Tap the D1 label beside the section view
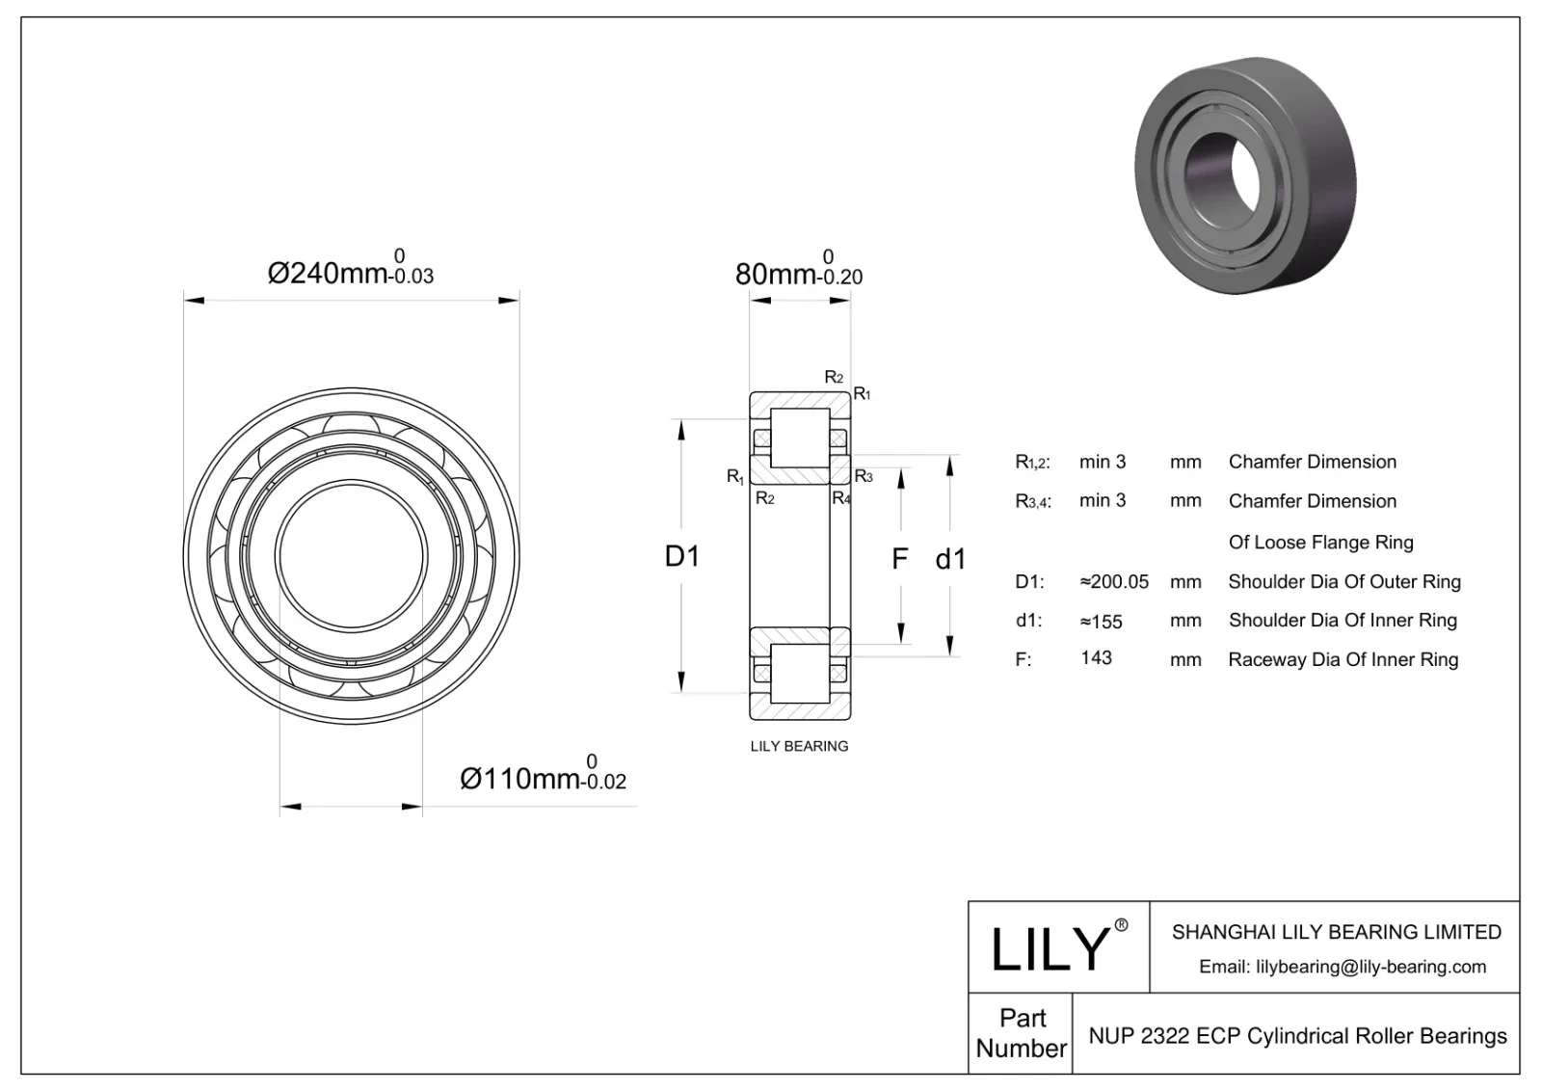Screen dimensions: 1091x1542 coord(682,556)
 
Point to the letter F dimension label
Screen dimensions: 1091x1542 coord(899,559)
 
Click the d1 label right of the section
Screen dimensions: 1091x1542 coord(950,559)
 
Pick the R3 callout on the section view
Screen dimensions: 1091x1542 coord(864,476)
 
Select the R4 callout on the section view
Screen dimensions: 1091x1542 coord(841,498)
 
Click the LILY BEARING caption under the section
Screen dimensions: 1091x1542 coord(799,746)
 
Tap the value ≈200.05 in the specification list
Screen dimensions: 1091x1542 coord(1114,582)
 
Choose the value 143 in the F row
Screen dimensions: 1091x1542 coord(1096,657)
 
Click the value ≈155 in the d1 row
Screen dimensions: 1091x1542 coord(1101,622)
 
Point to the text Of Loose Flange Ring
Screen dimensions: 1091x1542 coord(1320,542)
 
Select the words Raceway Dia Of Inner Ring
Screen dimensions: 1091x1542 coord(1343,660)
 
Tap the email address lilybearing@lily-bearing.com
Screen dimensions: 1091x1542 coord(1343,967)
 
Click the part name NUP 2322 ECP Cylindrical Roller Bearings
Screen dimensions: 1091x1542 coord(1297,1036)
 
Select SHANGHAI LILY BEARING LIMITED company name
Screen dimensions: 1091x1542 coord(1336,932)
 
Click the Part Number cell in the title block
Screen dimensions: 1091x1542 coord(1021,1033)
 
